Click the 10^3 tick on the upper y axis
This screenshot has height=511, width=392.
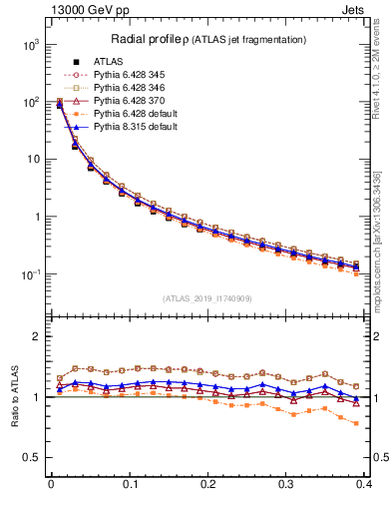click(32, 45)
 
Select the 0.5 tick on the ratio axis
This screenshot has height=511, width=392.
click(35, 457)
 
